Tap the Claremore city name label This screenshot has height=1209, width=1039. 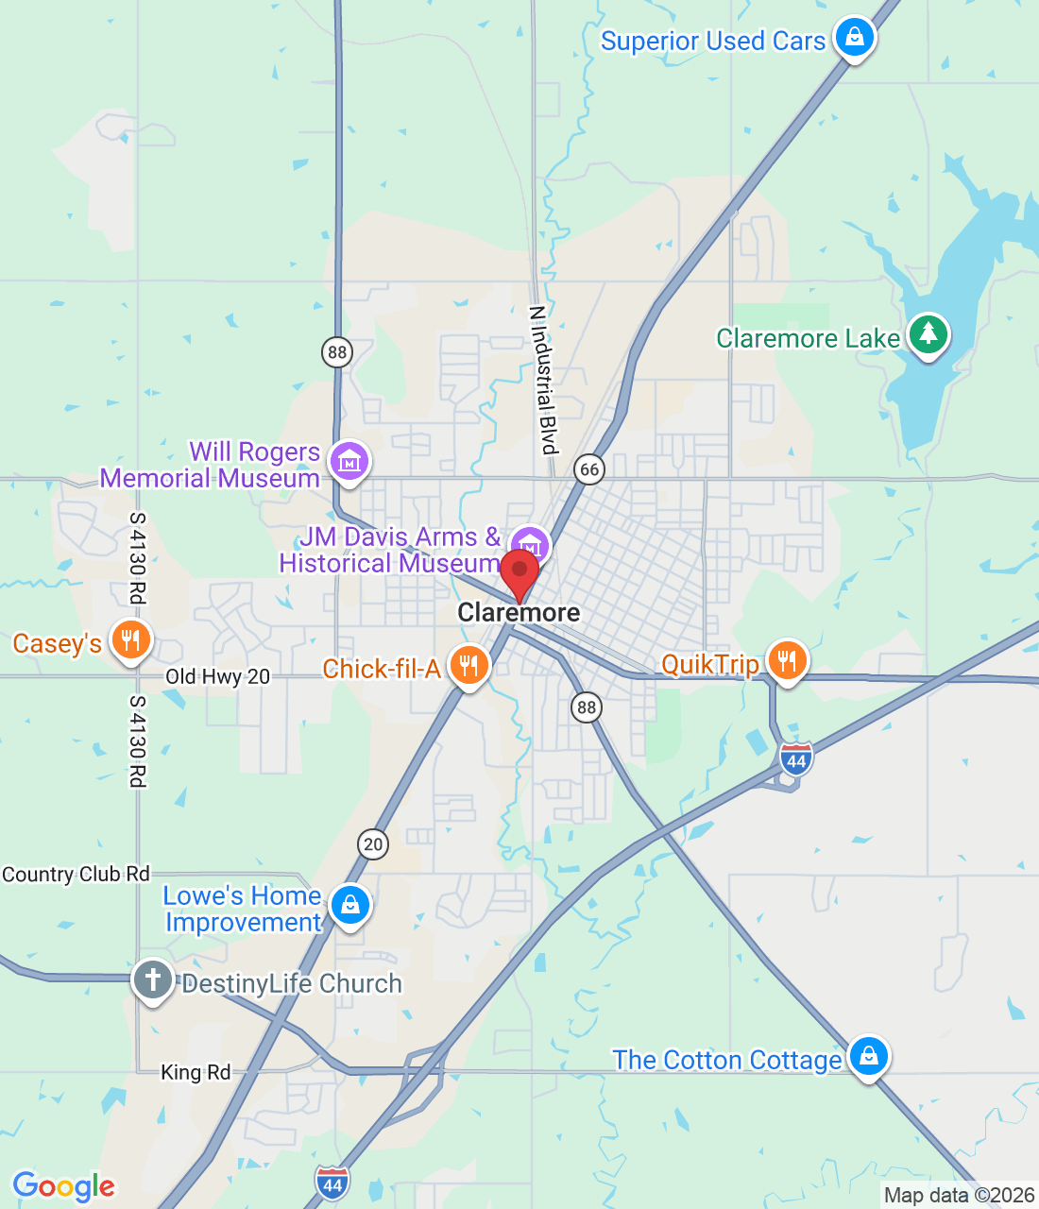pos(519,613)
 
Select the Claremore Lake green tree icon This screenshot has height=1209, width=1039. pos(928,335)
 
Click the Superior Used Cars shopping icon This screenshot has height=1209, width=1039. pos(854,38)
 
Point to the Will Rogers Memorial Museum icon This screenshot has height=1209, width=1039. pos(349,463)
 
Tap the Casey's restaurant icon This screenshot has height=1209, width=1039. pos(130,641)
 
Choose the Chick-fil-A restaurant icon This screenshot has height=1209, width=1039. pos(468,666)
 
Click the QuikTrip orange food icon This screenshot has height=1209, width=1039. pos(786,661)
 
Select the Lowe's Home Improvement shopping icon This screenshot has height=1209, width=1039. pos(349,906)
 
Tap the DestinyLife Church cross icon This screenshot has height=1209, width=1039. pos(152,980)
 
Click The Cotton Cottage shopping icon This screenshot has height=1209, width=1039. pos(868,1057)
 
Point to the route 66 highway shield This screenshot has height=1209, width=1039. pos(589,469)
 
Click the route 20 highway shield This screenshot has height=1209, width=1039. pos(373,844)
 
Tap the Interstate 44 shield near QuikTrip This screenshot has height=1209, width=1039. pos(796,759)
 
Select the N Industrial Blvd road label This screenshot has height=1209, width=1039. pos(542,380)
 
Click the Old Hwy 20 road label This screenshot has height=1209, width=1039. pos(217,676)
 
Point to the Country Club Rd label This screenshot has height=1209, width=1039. pos(76,875)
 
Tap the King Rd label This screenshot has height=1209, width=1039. pos(196,1072)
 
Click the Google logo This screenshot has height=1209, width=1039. pos(63,1186)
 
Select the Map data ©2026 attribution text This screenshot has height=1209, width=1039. pos(959,1196)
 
